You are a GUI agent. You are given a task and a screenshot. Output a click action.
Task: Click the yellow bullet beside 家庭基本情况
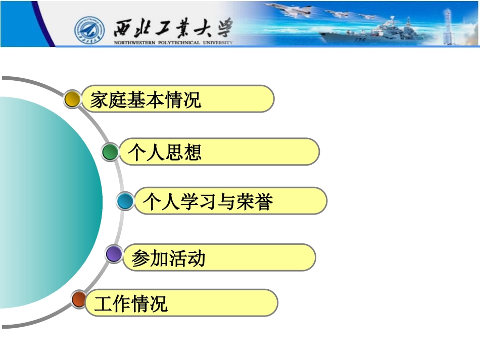tap(73, 99)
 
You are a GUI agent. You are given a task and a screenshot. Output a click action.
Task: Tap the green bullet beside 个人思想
tap(110, 152)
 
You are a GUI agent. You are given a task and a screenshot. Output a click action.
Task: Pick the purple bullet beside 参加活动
tap(114, 254)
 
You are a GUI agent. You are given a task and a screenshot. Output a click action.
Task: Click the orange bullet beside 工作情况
tap(78, 299)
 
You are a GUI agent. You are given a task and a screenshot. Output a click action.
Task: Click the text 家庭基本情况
tap(146, 99)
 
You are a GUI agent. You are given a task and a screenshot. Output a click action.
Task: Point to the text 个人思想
tap(165, 152)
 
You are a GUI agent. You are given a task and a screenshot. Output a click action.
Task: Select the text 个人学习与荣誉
tap(208, 201)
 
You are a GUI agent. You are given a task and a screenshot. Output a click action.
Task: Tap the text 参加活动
tap(168, 259)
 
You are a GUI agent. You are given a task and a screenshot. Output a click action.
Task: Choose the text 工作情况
tap(131, 304)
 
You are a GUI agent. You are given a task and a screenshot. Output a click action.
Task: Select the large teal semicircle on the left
tap(51, 202)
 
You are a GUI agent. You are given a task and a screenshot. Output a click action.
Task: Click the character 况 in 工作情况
tap(158, 304)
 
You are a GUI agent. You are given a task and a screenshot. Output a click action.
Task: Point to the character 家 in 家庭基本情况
tap(100, 99)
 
